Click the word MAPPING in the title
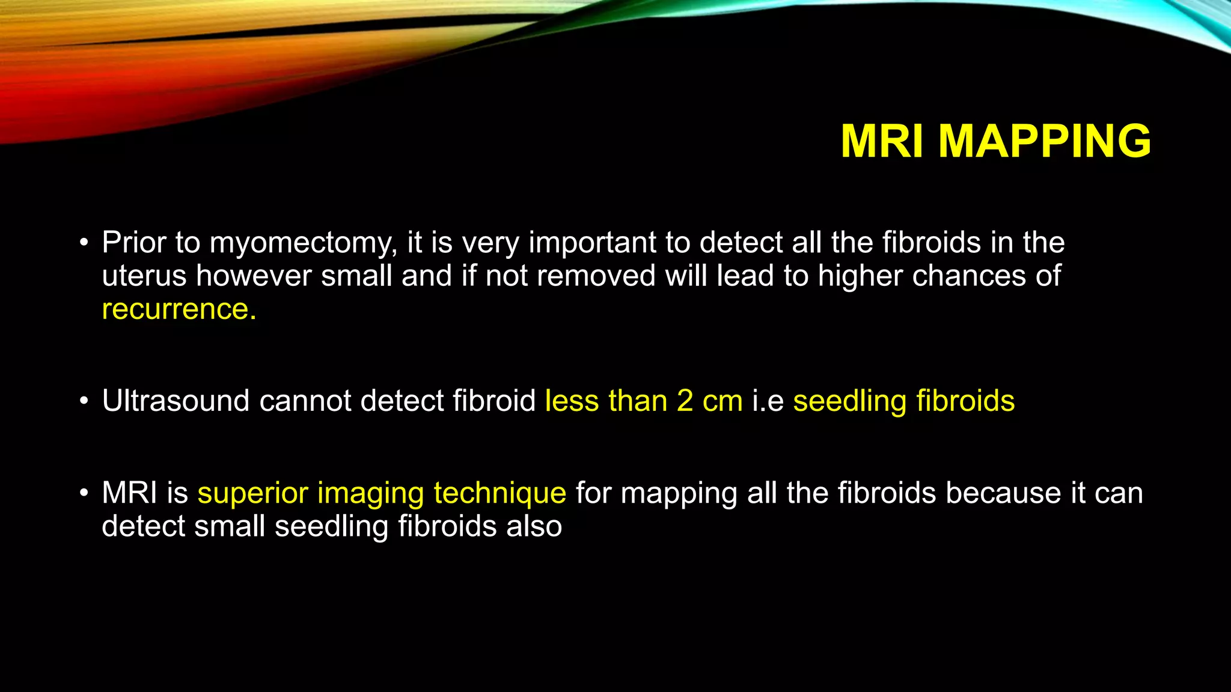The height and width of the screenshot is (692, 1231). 1044,141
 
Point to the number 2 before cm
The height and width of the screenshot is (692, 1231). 685,401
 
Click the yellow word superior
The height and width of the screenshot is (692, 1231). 252,494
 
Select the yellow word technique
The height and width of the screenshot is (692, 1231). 499,494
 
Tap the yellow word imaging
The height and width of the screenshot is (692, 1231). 370,494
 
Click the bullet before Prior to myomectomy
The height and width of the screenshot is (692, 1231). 84,243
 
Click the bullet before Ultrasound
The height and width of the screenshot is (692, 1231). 84,401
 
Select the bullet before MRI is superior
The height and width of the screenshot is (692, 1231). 84,493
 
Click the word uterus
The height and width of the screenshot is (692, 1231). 144,276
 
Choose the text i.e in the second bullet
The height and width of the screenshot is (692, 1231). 768,401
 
